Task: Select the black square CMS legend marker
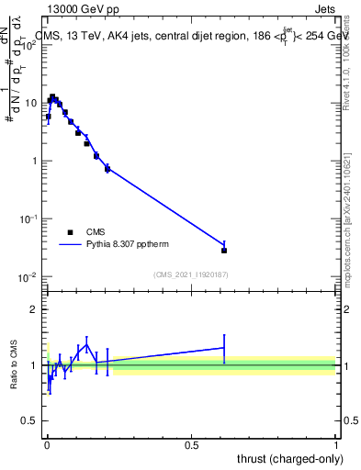pyautogui.click(x=70, y=232)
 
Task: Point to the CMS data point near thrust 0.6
pyautogui.click(x=224, y=251)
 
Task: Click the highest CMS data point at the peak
pyautogui.click(x=53, y=96)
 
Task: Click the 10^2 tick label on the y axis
pyautogui.click(x=28, y=44)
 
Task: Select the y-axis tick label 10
pyautogui.click(x=30, y=103)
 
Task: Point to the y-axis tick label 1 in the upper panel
pyautogui.click(x=33, y=162)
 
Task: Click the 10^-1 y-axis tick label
pyautogui.click(x=28, y=219)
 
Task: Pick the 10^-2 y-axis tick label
pyautogui.click(x=28, y=277)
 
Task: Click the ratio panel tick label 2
pyautogui.click(x=33, y=309)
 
